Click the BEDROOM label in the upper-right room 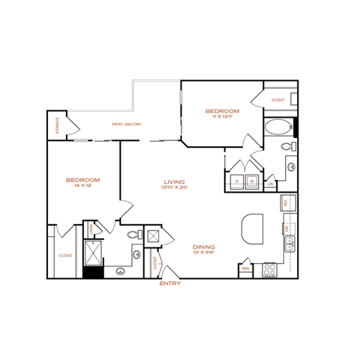point(222,111)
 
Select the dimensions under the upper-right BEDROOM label point(222,116)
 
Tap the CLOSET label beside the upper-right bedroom point(278,100)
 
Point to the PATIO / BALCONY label point(127,124)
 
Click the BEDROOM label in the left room point(83,180)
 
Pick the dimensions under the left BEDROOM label point(83,185)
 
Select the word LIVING point(175,181)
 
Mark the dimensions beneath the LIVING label point(175,187)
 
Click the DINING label point(204,247)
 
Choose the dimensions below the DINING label point(204,252)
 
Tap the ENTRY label point(169,283)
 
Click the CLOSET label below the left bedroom point(66,255)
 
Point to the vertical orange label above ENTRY point(154,262)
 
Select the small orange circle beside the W point(236,181)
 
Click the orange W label point(252,181)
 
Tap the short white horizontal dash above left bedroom point(81,140)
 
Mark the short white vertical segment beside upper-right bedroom point(181,97)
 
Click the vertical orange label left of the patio point(58,124)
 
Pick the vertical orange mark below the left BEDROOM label point(91,229)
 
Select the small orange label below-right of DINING point(246,268)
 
